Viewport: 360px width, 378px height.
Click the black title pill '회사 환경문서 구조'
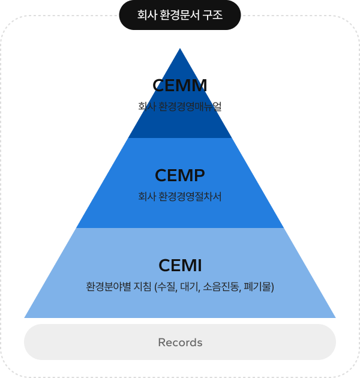click(180, 15)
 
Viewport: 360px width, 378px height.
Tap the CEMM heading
click(180, 85)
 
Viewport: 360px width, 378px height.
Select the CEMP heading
click(180, 175)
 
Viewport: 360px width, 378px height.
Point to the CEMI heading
click(180, 265)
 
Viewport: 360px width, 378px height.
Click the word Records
click(180, 343)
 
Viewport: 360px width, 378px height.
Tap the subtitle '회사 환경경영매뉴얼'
click(180, 106)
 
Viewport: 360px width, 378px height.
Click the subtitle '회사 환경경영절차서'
click(180, 196)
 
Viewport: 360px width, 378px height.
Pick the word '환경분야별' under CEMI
click(109, 287)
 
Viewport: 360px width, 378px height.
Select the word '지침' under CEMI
click(143, 287)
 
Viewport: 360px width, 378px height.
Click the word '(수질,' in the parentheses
click(166, 287)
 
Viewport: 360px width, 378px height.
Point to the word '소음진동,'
click(222, 287)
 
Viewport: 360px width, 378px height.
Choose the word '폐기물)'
click(259, 287)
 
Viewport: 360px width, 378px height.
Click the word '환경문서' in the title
click(179, 15)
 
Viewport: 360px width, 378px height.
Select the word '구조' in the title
click(212, 15)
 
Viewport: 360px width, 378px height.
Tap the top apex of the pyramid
click(180, 49)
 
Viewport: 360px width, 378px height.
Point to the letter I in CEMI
click(199, 265)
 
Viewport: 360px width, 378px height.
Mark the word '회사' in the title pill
click(147, 15)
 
